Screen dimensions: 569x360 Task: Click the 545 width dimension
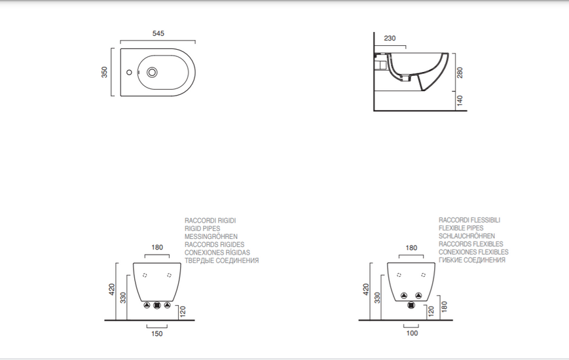[158, 33]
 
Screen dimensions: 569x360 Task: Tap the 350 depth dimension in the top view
[105, 72]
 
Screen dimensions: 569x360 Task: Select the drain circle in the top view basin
[152, 72]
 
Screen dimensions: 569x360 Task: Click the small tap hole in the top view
[129, 72]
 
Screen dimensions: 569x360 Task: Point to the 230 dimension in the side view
[390, 38]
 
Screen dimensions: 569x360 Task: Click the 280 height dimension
[460, 73]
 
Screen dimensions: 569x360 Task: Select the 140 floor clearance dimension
[460, 101]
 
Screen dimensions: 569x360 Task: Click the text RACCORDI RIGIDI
[210, 221]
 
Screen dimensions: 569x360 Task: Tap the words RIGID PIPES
[202, 228]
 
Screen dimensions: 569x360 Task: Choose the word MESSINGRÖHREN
[211, 236]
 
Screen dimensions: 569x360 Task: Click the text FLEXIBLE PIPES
[461, 228]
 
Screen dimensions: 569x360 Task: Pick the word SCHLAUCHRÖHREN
[467, 236]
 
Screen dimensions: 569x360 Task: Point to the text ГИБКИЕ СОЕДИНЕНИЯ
[471, 261]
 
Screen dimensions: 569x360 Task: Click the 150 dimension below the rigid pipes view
[156, 334]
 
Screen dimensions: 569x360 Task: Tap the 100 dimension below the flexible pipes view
[412, 333]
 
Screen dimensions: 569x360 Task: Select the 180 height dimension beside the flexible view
[444, 306]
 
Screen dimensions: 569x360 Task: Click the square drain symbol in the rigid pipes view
[156, 305]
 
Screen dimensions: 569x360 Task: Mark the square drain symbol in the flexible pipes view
[411, 305]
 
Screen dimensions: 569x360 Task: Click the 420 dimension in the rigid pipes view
[111, 289]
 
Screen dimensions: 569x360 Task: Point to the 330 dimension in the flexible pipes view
[377, 298]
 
